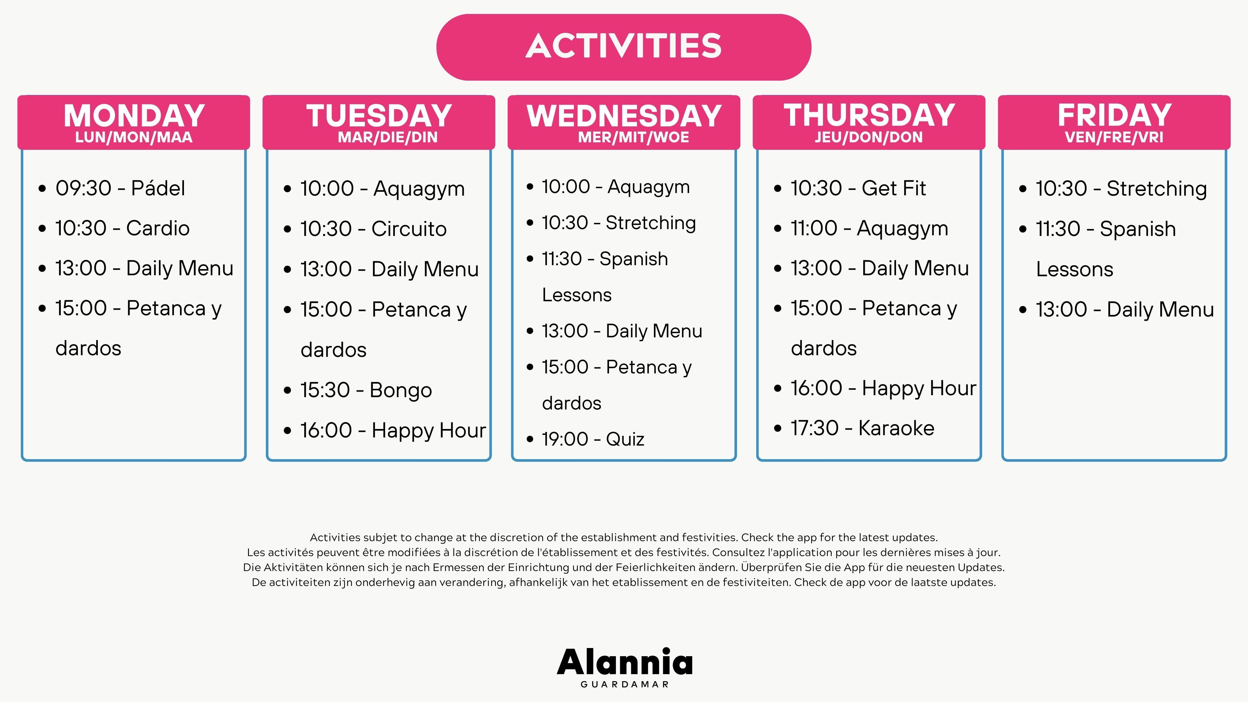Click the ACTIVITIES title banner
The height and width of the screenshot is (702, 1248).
[624, 47]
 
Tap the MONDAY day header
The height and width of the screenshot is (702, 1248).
[134, 122]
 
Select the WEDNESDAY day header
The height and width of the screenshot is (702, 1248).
[624, 122]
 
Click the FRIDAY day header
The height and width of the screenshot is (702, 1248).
[1114, 122]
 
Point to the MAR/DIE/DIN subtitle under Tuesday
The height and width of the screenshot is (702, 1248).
[388, 137]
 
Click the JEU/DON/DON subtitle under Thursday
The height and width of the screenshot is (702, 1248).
[869, 137]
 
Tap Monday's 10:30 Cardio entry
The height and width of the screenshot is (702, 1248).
[122, 228]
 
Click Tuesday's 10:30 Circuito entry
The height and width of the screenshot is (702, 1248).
[373, 229]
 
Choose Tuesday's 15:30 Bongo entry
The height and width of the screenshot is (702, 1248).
[366, 390]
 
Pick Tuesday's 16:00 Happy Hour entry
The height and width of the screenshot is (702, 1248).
[393, 430]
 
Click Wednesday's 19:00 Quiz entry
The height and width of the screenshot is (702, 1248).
[593, 439]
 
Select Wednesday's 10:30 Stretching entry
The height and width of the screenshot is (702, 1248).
[619, 223]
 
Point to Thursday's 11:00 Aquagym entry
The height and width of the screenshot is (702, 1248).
[869, 228]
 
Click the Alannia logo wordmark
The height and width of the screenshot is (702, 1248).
[625, 662]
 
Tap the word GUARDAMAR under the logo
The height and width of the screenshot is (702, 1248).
[625, 684]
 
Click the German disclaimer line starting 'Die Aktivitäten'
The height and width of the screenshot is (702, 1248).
[624, 567]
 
